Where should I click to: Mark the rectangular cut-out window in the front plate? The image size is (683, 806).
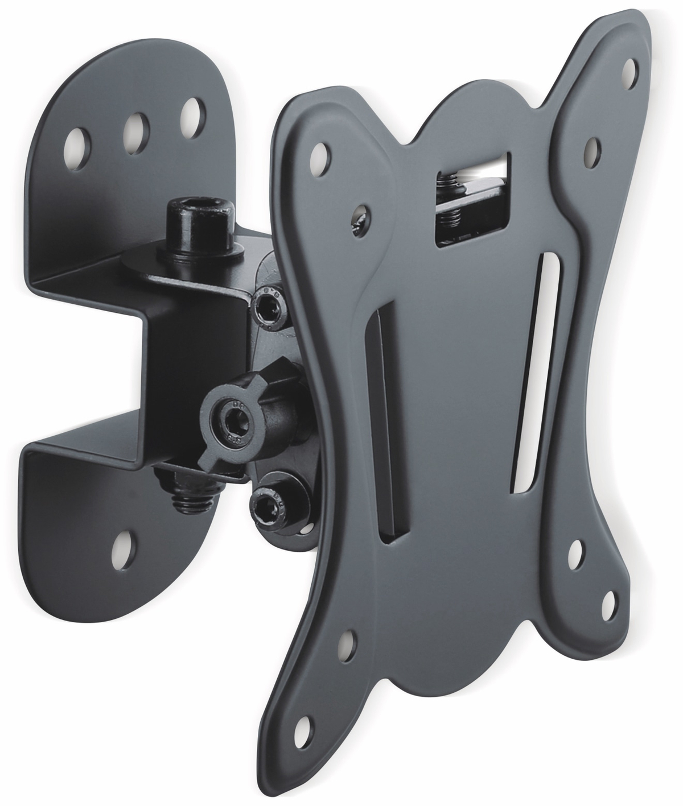471,193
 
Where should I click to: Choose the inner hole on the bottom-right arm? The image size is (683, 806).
575,551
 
